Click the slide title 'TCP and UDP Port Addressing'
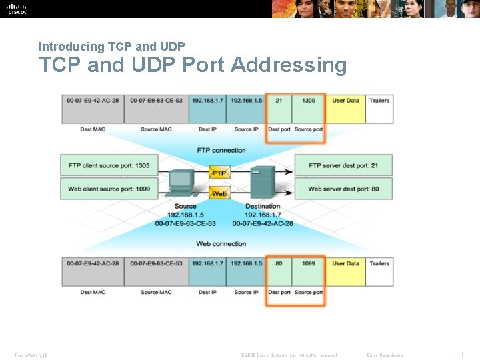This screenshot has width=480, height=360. (x=193, y=65)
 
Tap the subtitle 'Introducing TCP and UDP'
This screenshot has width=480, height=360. (x=111, y=47)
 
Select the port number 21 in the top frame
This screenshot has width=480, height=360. (x=279, y=101)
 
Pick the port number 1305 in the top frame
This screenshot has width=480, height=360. (x=308, y=101)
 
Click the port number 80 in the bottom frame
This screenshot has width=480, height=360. (x=279, y=263)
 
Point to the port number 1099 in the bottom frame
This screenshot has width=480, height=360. (x=308, y=263)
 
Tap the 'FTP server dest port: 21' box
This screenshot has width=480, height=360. (x=343, y=165)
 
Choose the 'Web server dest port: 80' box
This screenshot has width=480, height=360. (x=343, y=189)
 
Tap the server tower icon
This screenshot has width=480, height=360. (x=262, y=183)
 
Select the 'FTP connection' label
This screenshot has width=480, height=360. (x=221, y=150)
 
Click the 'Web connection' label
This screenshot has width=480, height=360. (x=221, y=244)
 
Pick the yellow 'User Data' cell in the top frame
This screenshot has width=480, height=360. (x=345, y=101)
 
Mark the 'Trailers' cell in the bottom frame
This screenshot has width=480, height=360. (x=379, y=264)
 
